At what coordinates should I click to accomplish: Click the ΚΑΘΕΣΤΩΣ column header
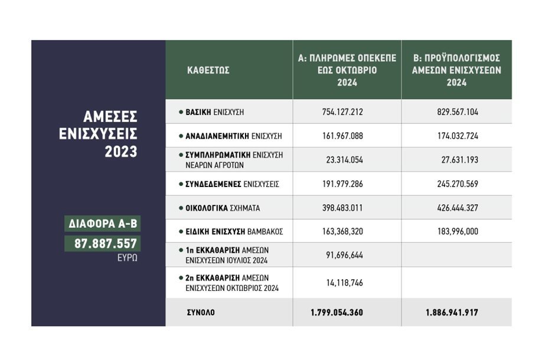tap(208, 70)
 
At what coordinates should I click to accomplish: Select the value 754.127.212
tap(342, 112)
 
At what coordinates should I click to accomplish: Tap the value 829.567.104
tap(458, 112)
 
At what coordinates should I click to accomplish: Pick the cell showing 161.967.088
tap(342, 136)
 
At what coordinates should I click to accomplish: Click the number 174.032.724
tap(458, 136)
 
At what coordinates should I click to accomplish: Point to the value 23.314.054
tap(344, 160)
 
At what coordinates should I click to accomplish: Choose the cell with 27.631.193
tap(459, 160)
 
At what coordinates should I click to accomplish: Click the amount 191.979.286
tap(342, 184)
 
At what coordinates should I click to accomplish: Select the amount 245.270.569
tap(458, 184)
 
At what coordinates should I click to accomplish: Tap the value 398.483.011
tap(342, 208)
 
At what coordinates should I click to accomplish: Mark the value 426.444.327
tap(458, 208)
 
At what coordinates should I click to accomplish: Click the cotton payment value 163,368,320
tap(342, 231)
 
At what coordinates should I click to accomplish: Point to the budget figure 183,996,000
tap(458, 231)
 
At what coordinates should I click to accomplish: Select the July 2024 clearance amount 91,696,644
tap(344, 255)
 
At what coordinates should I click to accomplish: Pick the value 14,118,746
tap(344, 283)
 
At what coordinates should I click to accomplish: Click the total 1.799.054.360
tap(337, 313)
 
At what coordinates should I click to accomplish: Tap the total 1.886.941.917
tap(452, 313)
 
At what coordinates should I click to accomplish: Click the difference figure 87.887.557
tap(106, 244)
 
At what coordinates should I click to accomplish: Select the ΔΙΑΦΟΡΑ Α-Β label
tap(103, 224)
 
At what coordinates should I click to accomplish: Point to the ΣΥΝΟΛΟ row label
tap(201, 313)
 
